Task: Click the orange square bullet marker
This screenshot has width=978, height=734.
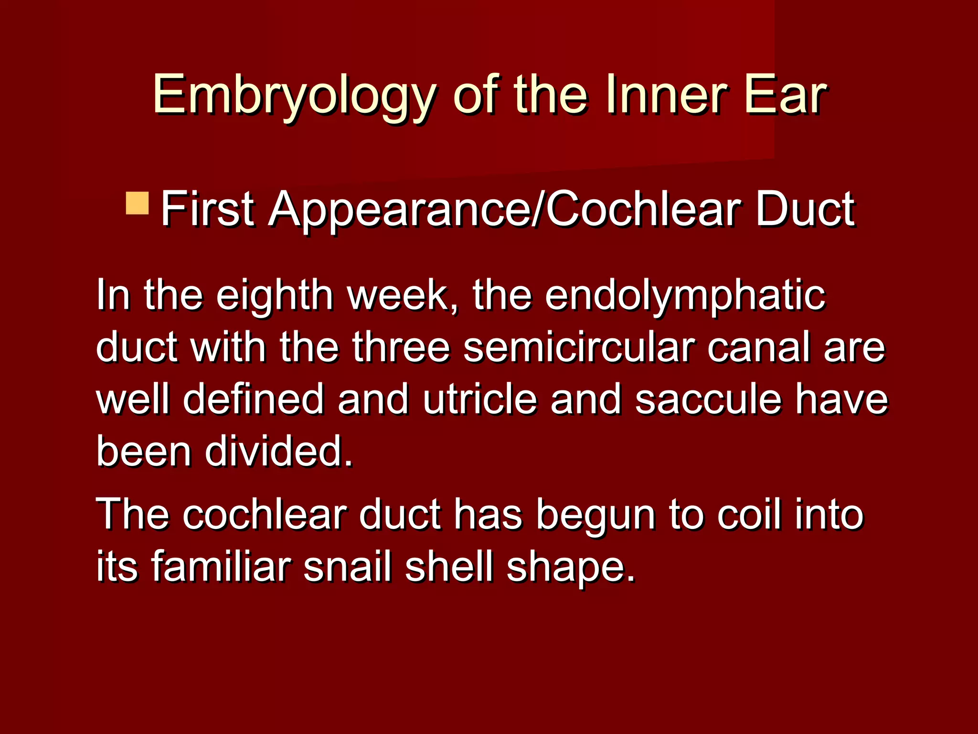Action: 138,203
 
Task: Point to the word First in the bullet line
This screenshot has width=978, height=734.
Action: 207,209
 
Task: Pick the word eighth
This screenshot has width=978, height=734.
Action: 275,295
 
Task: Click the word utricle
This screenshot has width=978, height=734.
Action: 479,399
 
